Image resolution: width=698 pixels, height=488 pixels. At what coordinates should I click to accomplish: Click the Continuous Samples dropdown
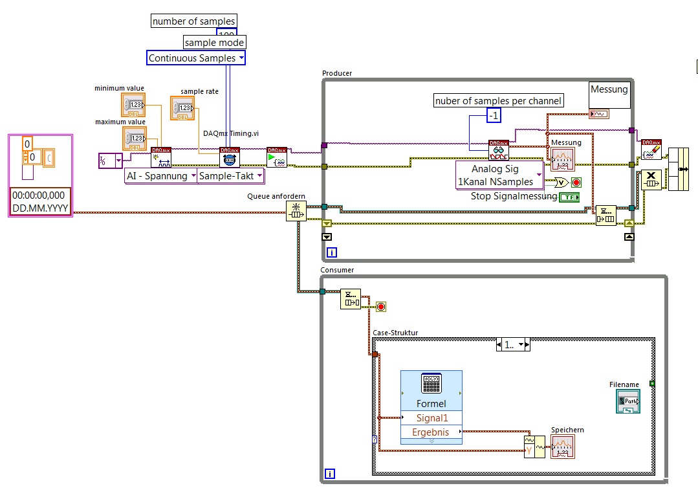196,58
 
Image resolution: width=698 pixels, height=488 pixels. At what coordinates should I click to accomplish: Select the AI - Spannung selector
160,176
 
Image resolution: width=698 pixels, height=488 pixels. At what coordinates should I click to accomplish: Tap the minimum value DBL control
135,105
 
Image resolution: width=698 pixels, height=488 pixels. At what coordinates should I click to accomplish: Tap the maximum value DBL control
135,138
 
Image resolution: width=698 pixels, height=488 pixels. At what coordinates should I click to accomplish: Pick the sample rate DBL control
182,108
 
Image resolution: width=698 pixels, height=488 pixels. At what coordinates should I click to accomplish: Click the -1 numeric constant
494,115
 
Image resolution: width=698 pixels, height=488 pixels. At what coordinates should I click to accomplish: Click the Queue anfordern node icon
296,210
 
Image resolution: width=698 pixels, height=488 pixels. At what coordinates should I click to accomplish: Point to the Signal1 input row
431,418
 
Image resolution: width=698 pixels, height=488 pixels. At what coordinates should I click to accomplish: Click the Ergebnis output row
431,432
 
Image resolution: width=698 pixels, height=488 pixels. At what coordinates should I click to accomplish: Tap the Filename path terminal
627,402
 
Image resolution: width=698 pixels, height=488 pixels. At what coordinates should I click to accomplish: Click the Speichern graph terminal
562,447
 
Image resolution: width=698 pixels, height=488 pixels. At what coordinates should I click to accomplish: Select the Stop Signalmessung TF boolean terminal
569,197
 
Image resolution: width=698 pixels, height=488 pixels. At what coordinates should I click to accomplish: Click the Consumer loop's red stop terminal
381,306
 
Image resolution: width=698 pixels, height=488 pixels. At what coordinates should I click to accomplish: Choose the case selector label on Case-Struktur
512,344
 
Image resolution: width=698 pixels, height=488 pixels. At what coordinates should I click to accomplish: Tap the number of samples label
193,21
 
